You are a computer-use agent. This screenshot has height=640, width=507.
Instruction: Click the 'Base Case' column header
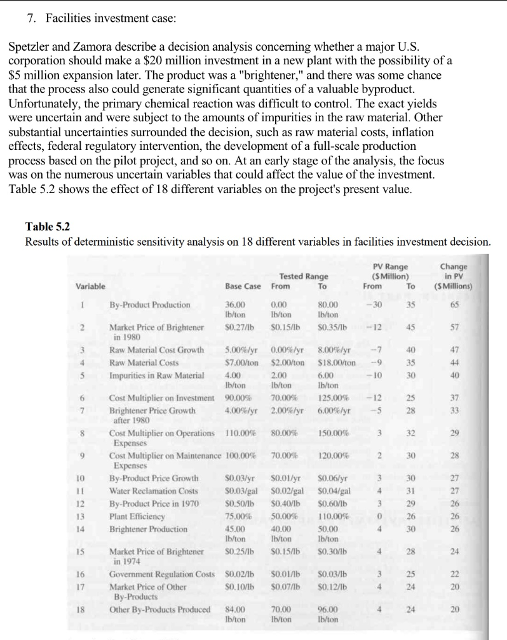point(243,286)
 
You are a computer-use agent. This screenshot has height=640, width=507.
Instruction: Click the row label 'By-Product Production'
point(150,305)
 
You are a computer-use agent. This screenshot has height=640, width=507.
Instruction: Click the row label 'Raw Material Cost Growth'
point(157,349)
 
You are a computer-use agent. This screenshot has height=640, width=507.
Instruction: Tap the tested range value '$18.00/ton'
point(336,361)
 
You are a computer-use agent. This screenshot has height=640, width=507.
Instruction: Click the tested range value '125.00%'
point(331,398)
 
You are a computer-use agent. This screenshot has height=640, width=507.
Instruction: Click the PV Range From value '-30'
point(374,305)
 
